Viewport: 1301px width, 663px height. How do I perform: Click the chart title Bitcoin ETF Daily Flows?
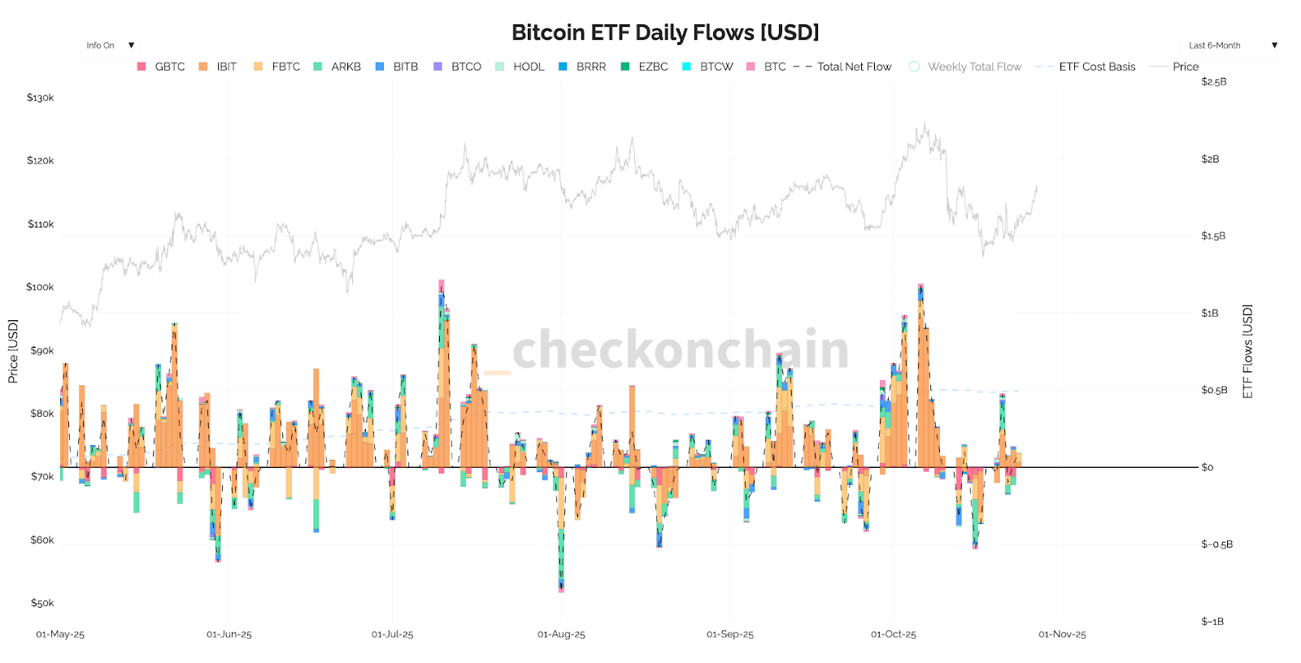point(665,32)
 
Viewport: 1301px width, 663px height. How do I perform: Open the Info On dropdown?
point(110,45)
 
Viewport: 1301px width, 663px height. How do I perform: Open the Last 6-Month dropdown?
point(1231,45)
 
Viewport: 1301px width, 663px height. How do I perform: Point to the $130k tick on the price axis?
point(41,97)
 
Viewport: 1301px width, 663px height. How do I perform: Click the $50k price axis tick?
point(42,603)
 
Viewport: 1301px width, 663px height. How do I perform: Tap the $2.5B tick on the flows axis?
point(1213,82)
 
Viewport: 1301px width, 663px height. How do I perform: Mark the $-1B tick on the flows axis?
point(1212,622)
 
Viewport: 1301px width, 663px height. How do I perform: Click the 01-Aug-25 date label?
point(561,635)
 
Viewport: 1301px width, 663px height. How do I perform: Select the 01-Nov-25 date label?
point(1062,635)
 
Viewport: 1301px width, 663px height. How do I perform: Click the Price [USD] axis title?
point(13,351)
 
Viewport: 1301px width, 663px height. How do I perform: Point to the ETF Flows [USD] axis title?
point(1247,351)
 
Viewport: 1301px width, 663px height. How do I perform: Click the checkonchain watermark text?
point(680,349)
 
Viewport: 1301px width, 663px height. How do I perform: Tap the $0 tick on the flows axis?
point(1207,467)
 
